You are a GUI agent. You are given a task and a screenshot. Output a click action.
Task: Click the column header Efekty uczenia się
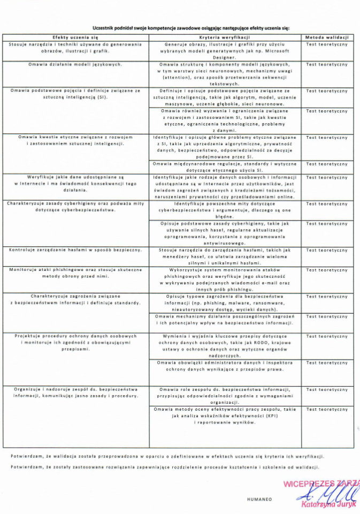[x=75, y=38]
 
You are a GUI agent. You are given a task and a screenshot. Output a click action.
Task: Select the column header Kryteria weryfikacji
[x=225, y=38]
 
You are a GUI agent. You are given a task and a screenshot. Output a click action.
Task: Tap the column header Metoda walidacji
[x=327, y=38]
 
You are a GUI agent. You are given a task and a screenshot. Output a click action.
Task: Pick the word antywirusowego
[x=225, y=243]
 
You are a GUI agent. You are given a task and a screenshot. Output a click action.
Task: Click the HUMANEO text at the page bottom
[x=259, y=499]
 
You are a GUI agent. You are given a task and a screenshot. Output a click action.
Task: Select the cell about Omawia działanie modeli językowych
[x=75, y=64]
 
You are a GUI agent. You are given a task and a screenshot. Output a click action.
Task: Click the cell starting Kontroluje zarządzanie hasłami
[x=75, y=250]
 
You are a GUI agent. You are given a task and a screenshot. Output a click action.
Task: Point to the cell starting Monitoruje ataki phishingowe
[x=75, y=273]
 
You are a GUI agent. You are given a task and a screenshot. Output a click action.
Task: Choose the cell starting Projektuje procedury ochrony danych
[x=75, y=342]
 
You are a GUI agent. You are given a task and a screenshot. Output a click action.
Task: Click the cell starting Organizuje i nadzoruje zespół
[x=75, y=393]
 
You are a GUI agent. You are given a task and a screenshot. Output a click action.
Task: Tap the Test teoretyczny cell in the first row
[x=327, y=44]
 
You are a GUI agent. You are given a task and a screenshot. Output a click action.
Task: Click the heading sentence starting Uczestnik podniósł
[x=190, y=27]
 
